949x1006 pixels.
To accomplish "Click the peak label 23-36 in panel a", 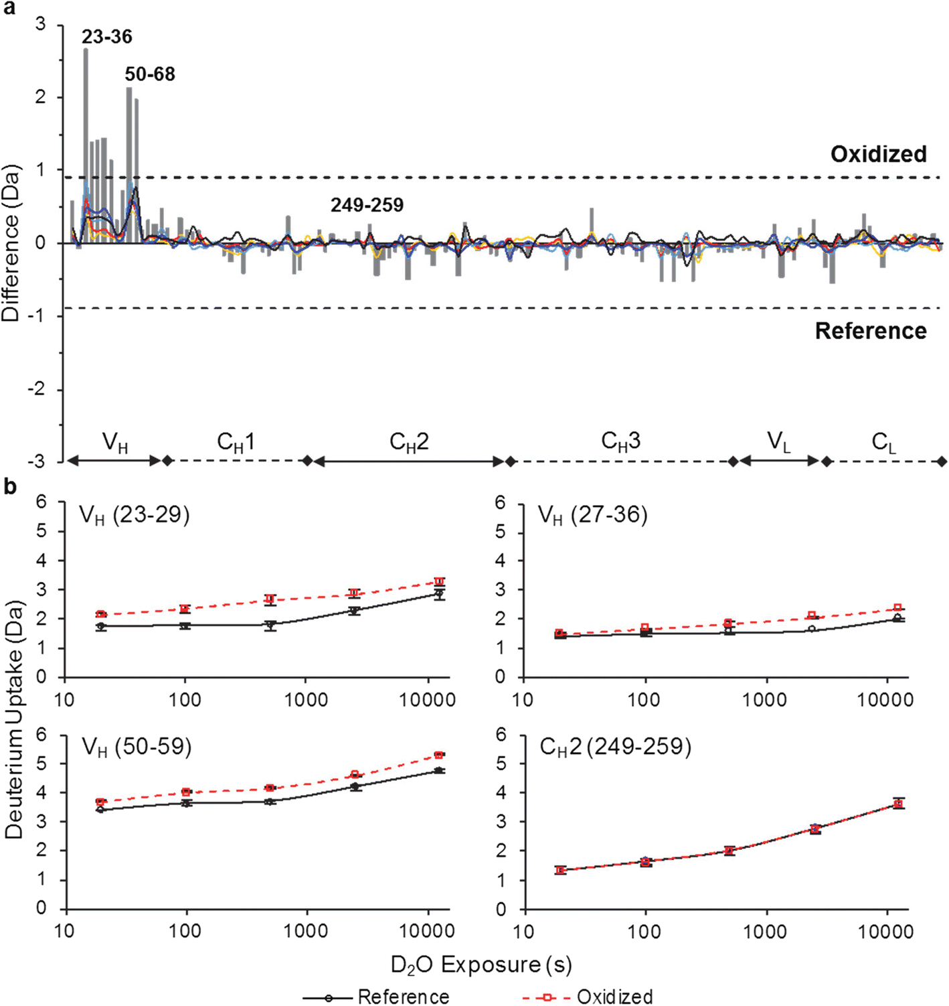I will point(107,37).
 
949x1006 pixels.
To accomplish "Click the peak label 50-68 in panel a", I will point(150,74).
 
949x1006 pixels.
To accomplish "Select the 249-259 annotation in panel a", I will point(367,205).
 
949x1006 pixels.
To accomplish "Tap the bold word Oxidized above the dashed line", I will point(878,154).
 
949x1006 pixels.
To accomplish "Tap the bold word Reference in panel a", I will point(871,331).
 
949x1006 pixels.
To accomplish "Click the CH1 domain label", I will point(236,442).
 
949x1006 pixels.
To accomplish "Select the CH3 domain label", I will point(620,441).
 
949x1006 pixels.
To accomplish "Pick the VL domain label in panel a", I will point(779,442).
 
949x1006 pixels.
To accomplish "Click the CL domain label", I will point(883,442).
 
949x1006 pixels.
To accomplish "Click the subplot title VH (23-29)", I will point(135,515).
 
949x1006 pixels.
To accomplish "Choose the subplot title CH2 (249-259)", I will point(615,746).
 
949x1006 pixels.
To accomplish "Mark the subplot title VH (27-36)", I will point(592,515).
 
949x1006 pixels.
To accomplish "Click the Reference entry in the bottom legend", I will point(403,997).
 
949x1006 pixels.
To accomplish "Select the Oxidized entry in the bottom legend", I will point(614,997).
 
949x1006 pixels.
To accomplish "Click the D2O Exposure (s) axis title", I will point(481,965).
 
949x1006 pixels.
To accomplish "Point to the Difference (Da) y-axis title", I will point(11,242).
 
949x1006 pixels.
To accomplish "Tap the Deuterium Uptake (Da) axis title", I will point(13,719).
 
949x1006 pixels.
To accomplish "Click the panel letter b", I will point(10,487).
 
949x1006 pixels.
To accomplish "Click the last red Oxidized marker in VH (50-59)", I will point(439,755).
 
